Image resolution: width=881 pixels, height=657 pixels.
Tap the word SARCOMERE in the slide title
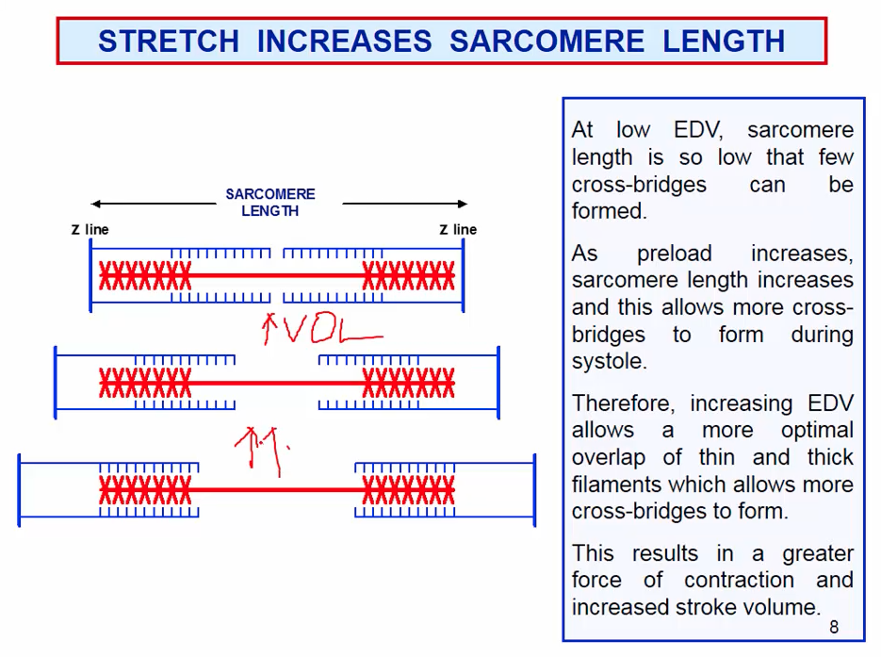tap(547, 41)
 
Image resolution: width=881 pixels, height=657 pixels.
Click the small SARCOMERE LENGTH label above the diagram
tap(270, 203)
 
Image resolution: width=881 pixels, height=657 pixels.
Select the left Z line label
tap(90, 229)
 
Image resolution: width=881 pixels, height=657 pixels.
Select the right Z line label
tap(458, 229)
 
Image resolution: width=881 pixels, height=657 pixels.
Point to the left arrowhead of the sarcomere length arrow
tap(95, 204)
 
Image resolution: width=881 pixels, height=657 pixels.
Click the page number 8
tap(833, 627)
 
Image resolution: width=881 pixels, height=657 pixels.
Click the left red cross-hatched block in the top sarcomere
tap(145, 276)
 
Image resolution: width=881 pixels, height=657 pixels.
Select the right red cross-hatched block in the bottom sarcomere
tap(409, 490)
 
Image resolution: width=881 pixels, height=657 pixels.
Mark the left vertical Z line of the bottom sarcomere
tap(20, 490)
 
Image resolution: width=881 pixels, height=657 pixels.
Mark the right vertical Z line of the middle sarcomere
tap(498, 383)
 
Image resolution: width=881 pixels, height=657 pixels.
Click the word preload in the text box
tap(674, 254)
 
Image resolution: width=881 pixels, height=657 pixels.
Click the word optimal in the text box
tap(819, 430)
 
